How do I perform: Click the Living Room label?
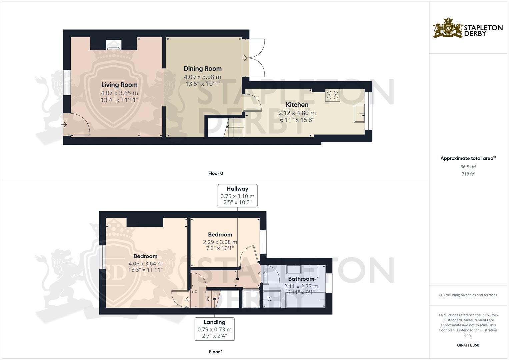click(x=119, y=85)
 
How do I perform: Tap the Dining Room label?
click(x=202, y=69)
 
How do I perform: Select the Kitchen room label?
click(x=297, y=105)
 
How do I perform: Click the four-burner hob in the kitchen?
click(x=332, y=95)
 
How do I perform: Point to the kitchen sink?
click(x=359, y=113)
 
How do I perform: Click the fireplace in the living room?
click(x=114, y=45)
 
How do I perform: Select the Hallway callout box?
click(x=237, y=196)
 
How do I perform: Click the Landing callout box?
click(x=214, y=329)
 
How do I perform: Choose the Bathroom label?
click(x=301, y=279)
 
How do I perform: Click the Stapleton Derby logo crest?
click(x=448, y=28)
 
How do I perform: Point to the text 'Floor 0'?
click(x=216, y=173)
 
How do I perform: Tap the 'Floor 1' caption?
click(x=216, y=352)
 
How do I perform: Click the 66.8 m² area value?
click(x=468, y=167)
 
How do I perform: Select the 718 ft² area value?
click(x=468, y=174)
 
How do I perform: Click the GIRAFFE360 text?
click(x=468, y=345)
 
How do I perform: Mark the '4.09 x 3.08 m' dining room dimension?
click(x=202, y=77)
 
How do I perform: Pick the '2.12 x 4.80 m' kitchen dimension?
click(x=297, y=113)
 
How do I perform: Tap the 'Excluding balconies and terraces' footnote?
click(x=468, y=295)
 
